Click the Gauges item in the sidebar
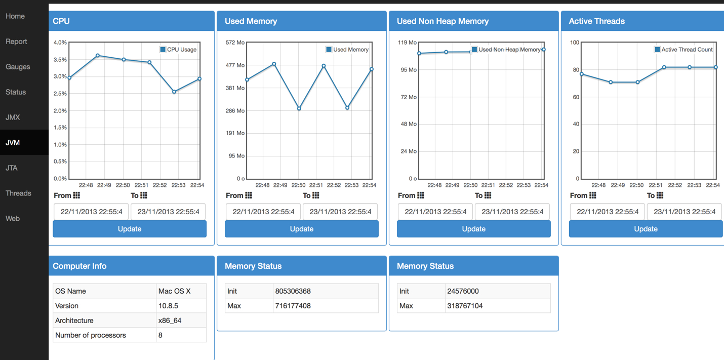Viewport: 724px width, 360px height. click(18, 66)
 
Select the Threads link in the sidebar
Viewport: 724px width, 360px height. click(18, 193)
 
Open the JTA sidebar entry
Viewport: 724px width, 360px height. click(12, 168)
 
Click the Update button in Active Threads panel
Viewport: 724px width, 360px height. click(646, 229)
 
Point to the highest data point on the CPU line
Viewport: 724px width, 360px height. click(98, 56)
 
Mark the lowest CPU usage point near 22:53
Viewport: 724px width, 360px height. click(174, 92)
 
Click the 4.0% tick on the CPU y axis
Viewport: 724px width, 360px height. click(60, 43)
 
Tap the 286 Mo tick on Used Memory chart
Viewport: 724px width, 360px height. click(235, 110)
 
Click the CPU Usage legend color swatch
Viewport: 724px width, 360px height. click(163, 50)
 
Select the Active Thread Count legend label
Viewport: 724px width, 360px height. click(687, 50)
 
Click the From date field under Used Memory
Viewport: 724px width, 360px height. click(263, 212)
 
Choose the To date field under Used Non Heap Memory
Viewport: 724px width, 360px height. click(512, 212)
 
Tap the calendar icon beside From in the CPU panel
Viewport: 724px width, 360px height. click(76, 195)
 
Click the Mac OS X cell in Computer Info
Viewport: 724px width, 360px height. click(174, 291)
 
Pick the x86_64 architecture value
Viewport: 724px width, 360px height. click(170, 320)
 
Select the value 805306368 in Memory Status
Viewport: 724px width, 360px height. click(293, 291)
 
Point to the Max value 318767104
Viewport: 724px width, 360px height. click(465, 306)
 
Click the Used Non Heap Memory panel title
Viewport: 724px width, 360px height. click(443, 21)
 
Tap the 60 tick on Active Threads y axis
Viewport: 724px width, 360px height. click(576, 97)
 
